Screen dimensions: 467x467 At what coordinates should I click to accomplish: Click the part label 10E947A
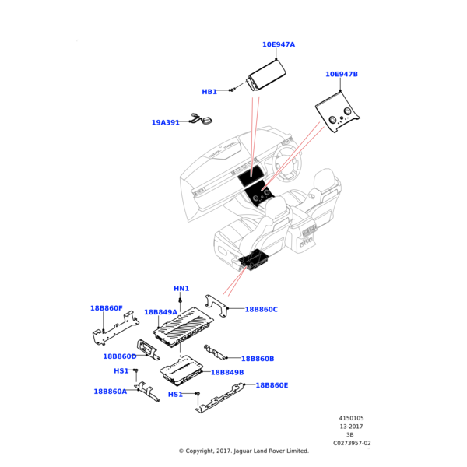pyautogui.click(x=278, y=45)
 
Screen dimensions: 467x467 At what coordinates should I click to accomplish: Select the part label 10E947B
pyautogui.click(x=341, y=75)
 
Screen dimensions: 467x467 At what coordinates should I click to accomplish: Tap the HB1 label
pyautogui.click(x=209, y=92)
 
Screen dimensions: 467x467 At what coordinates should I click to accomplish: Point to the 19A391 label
pyautogui.click(x=165, y=122)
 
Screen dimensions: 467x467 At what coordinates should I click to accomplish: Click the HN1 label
pyautogui.click(x=181, y=289)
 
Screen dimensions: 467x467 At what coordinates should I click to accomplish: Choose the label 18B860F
pyautogui.click(x=106, y=308)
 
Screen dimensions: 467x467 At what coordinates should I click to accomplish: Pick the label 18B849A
pyautogui.click(x=160, y=312)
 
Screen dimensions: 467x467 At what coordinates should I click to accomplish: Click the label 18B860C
pyautogui.click(x=261, y=310)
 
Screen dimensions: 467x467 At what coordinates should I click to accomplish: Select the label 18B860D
pyautogui.click(x=119, y=356)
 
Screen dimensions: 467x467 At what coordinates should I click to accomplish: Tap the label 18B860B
pyautogui.click(x=258, y=359)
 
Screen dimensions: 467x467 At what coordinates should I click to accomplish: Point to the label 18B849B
pyautogui.click(x=227, y=373)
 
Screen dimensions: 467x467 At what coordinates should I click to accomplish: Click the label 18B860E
pyautogui.click(x=272, y=385)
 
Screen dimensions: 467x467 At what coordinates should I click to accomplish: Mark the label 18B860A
pyautogui.click(x=110, y=392)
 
